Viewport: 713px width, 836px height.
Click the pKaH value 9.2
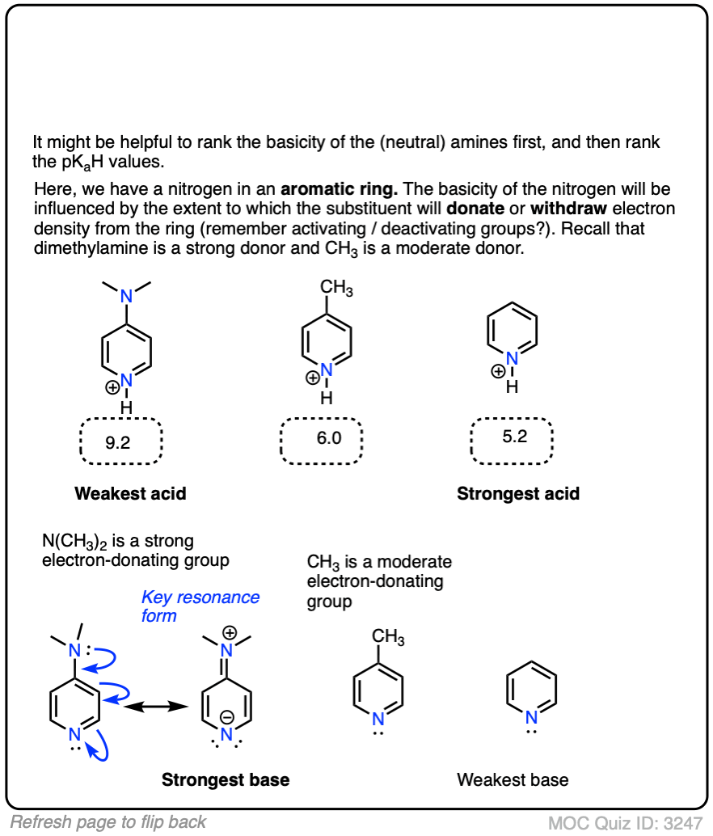tap(119, 442)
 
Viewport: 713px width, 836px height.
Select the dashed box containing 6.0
tap(321, 441)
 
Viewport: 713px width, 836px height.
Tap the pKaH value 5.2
tap(514, 437)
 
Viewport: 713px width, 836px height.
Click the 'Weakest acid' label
tap(130, 493)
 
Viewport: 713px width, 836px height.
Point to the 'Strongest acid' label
tap(518, 493)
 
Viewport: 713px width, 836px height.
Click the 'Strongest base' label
tap(226, 779)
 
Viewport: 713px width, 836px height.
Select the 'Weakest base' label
tap(513, 779)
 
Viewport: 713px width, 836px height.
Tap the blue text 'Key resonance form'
tap(200, 606)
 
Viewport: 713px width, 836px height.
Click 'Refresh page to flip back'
tap(108, 822)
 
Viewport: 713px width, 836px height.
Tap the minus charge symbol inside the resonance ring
tap(227, 716)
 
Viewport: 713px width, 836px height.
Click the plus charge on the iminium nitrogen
tap(230, 631)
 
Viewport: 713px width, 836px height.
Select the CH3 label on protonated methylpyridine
tap(336, 289)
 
